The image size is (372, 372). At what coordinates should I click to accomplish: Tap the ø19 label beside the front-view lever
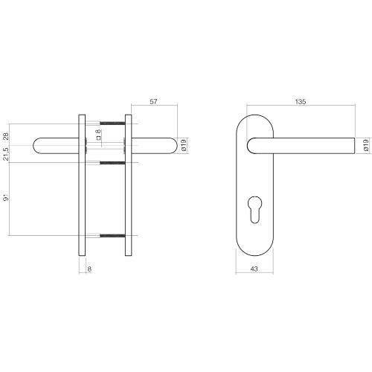(x=365, y=146)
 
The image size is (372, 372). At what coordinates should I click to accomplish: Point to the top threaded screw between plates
(x=112, y=122)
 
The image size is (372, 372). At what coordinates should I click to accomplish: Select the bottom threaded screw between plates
(x=112, y=237)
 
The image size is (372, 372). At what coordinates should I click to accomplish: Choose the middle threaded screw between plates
(x=112, y=161)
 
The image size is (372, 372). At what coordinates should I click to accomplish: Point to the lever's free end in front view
(x=353, y=146)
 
